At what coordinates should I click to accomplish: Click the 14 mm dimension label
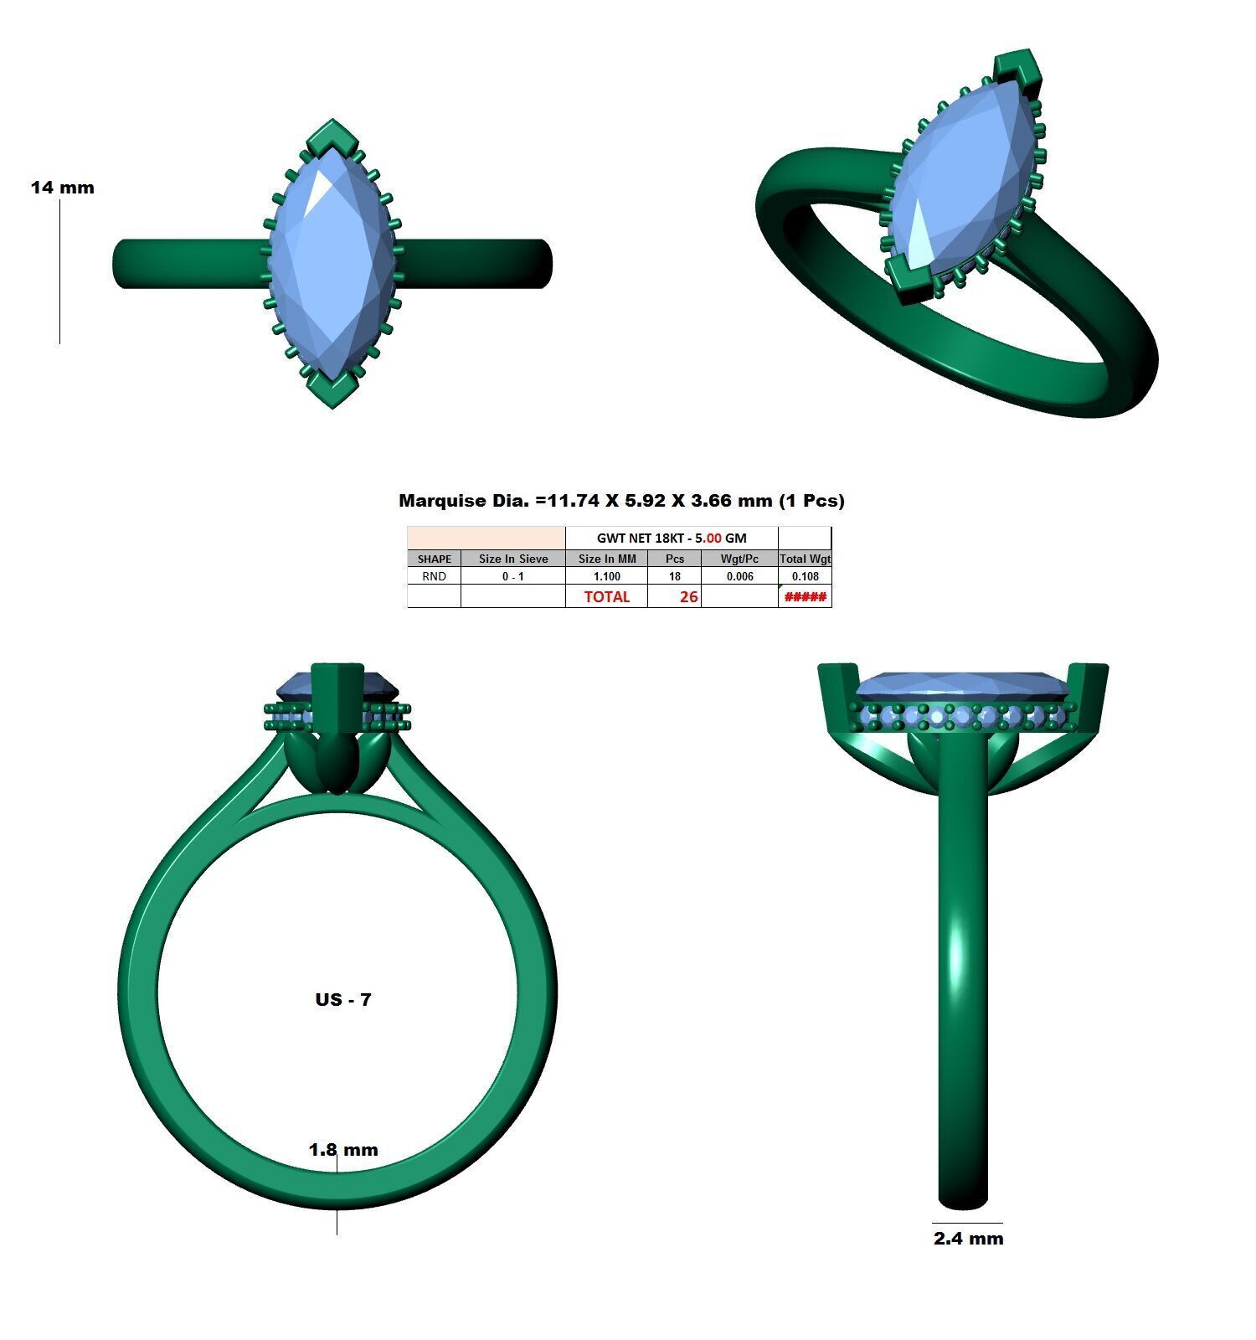(63, 188)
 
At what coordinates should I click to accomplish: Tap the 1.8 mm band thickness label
(343, 1150)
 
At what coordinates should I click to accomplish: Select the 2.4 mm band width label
(968, 1238)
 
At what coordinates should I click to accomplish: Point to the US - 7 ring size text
(343, 999)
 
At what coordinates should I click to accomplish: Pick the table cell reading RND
(434, 576)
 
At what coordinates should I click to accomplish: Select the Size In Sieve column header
(513, 559)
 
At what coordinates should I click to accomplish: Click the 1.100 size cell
(606, 576)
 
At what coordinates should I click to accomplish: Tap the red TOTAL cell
(606, 596)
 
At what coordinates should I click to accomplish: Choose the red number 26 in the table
(688, 596)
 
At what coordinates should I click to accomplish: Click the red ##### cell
(805, 596)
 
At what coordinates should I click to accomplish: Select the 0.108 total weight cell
(805, 576)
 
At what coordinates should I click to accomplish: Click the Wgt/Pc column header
(739, 559)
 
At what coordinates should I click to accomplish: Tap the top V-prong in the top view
(332, 137)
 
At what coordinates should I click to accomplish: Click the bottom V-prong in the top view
(332, 389)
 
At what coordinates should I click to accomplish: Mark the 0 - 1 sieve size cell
(513, 576)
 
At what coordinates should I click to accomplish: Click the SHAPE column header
(434, 559)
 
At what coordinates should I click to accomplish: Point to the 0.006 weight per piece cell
(739, 576)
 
